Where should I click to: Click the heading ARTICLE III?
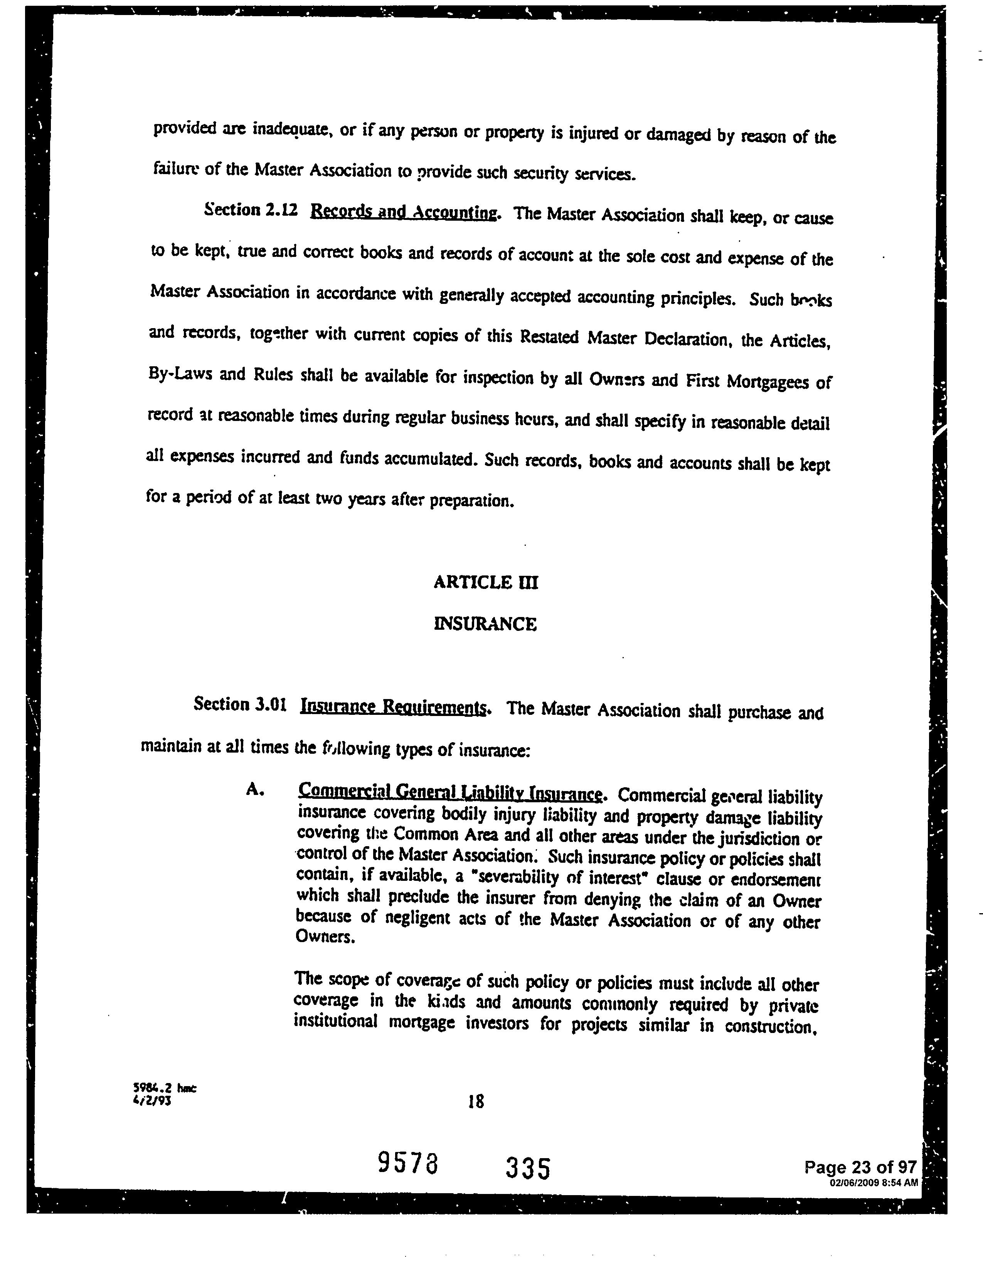tap(486, 582)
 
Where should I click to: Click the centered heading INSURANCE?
tap(486, 624)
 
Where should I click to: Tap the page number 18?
tap(476, 1101)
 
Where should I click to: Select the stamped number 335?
tap(528, 1167)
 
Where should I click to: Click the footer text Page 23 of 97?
tap(860, 1167)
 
